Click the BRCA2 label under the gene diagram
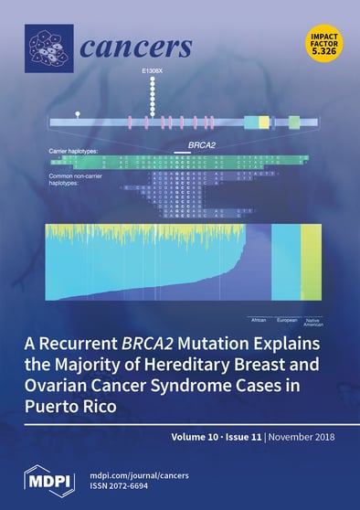click(188, 144)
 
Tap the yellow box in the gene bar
click(264, 122)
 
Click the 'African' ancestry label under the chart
click(259, 321)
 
